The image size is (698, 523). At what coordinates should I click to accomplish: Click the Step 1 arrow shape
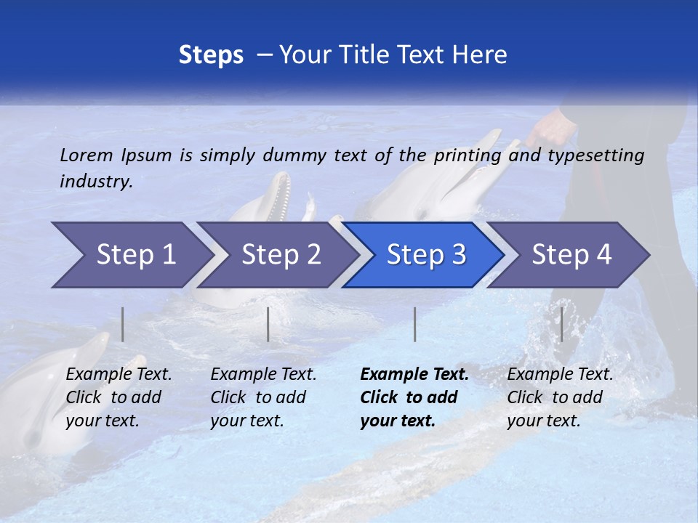[131, 255]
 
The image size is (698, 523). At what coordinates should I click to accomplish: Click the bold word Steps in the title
[211, 55]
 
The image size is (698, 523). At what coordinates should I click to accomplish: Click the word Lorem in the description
[87, 155]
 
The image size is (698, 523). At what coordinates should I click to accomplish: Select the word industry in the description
[95, 182]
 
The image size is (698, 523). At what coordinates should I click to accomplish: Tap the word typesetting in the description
[595, 155]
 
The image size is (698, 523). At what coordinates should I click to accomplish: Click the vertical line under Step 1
[122, 324]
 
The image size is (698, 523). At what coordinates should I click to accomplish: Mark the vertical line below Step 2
[268, 324]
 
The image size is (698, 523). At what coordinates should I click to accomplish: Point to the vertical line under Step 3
[414, 324]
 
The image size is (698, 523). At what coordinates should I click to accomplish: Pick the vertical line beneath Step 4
[561, 324]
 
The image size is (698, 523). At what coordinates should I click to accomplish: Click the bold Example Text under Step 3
[414, 375]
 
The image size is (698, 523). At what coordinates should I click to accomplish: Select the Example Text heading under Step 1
[119, 375]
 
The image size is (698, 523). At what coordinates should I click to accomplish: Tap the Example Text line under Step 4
[560, 375]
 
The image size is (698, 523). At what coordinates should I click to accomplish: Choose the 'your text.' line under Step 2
[246, 421]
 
